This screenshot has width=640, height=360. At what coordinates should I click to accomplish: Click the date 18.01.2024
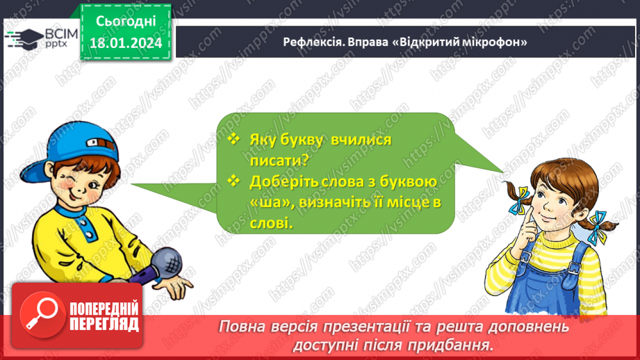point(125,43)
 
